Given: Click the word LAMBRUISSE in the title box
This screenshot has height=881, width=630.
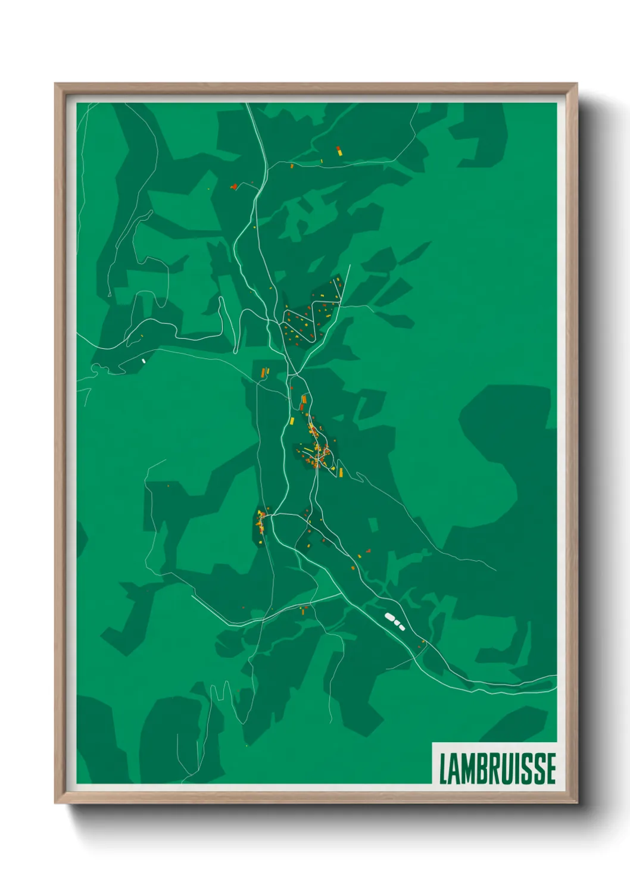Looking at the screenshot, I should (x=497, y=768).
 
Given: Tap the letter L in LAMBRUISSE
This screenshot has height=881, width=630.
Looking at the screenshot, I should (x=444, y=768).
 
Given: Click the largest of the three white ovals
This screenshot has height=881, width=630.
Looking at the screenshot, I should (x=390, y=617).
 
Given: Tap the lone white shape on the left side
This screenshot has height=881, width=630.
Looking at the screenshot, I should (x=144, y=360).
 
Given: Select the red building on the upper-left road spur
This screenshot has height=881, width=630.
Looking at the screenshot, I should (x=234, y=186).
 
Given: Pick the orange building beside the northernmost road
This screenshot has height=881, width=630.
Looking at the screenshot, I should (x=292, y=166).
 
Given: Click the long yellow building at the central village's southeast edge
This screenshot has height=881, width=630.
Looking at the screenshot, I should (x=341, y=472).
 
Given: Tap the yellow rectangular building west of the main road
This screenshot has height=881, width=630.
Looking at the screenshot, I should (x=292, y=421).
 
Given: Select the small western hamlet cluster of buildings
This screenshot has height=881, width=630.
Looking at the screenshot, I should (x=261, y=521).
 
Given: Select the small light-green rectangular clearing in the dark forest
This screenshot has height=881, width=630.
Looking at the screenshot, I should (x=373, y=524).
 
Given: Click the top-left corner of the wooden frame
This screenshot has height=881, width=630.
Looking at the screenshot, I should (x=56, y=85).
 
